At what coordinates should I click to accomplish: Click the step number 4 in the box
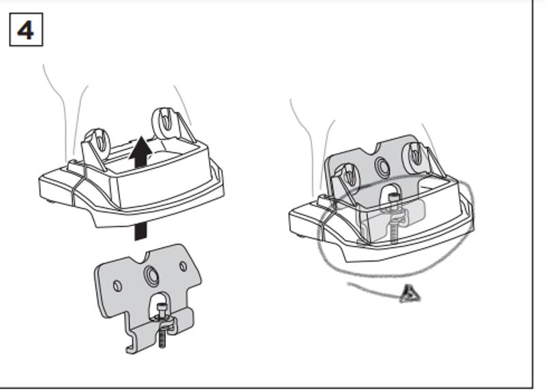[26, 31]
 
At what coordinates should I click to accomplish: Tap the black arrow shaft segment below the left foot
[140, 230]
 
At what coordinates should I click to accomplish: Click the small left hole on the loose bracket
[117, 285]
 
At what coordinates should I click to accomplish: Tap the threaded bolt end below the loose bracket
[162, 339]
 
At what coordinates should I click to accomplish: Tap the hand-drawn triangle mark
[410, 294]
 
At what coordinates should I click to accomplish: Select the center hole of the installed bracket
[381, 166]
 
